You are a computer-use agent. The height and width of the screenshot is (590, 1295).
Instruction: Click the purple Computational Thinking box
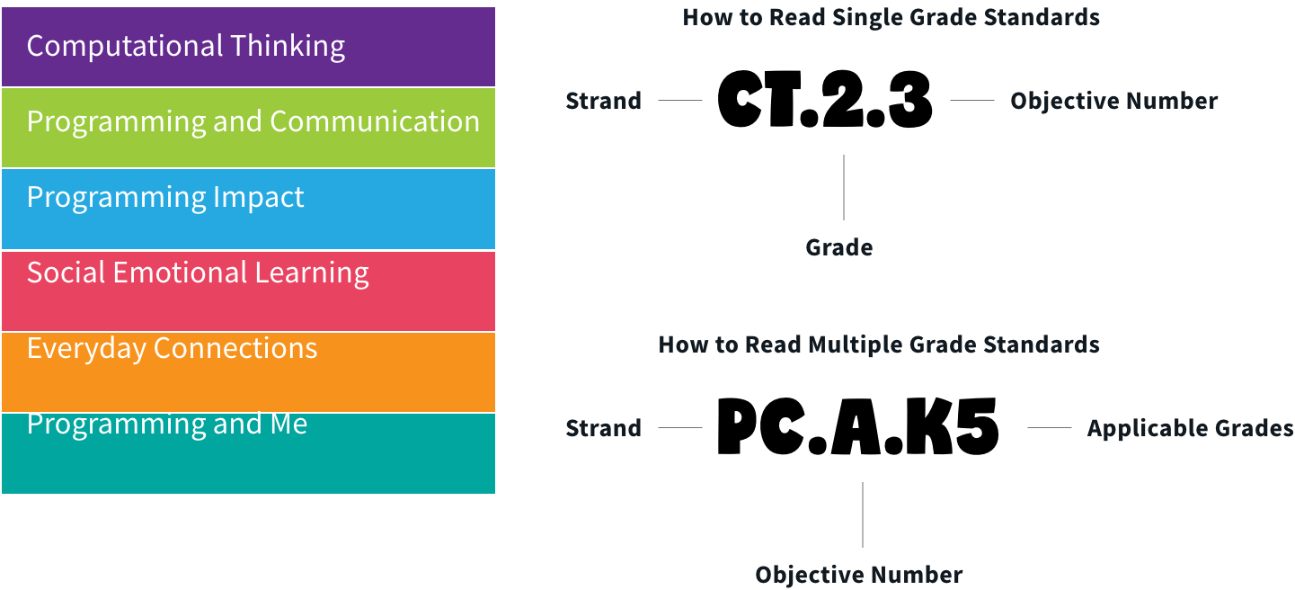tap(248, 47)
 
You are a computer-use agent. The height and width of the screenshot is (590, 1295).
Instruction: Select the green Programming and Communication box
tap(248, 127)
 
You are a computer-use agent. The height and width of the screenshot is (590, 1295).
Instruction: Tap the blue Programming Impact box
tap(248, 208)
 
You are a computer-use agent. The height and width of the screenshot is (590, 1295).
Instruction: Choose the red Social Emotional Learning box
tap(248, 290)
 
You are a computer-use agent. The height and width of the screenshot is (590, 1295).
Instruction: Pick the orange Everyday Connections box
tap(248, 371)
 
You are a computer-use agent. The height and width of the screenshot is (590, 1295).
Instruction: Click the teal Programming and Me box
tap(248, 452)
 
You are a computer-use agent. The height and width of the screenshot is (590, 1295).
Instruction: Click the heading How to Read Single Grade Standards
tap(891, 17)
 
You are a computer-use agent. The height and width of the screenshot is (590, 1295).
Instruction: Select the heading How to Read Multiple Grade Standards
tap(878, 344)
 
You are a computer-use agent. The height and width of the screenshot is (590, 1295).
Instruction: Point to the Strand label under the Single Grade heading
tap(603, 101)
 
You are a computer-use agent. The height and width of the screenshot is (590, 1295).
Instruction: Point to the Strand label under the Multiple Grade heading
tap(603, 428)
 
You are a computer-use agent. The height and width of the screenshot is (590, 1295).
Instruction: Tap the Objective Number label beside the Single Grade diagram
tap(1113, 101)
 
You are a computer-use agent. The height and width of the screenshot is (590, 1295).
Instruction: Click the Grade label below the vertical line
tap(838, 247)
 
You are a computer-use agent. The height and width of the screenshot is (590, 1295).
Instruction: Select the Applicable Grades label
tap(1190, 428)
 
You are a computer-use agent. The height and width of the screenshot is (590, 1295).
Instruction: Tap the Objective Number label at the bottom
tap(858, 575)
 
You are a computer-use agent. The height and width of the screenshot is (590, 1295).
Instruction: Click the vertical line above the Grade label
tap(844, 187)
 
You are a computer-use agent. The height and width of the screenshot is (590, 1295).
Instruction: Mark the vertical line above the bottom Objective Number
tap(863, 514)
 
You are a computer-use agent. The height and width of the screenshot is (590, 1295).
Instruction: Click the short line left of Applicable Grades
tap(1049, 427)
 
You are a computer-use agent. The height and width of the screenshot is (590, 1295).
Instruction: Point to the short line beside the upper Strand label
tap(680, 100)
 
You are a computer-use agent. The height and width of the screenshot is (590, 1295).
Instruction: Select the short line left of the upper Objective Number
tap(972, 100)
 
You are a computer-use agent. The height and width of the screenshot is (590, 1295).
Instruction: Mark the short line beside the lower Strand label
tap(680, 427)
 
